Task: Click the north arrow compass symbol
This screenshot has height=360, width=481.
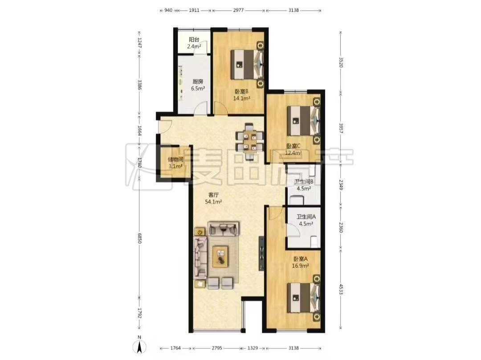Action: coord(139,346)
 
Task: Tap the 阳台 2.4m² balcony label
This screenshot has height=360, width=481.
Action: coord(194,43)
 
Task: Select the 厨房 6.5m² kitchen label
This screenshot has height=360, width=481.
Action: coord(198,85)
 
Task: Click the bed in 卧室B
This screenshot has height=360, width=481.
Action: coord(247,64)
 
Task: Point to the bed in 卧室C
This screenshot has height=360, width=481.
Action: coord(304,121)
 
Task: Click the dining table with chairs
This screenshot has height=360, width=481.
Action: coord(249,142)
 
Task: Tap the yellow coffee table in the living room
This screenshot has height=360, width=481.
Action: coord(220,256)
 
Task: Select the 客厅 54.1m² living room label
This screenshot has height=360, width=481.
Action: coord(213,198)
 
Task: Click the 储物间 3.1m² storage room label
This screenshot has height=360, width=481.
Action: coord(175,163)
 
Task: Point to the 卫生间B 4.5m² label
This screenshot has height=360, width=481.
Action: coord(304,185)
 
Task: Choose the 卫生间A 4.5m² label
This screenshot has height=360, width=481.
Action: coord(306,220)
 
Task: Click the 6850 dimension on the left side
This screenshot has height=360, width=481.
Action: coord(139,238)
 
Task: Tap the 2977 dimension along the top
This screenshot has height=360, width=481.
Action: coord(238,10)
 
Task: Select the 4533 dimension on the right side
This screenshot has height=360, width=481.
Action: coord(341,289)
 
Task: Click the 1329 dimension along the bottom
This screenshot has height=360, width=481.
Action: coord(253,348)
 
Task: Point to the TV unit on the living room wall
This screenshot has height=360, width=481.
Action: coord(261,254)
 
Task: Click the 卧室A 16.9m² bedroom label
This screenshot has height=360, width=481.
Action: coord(300,262)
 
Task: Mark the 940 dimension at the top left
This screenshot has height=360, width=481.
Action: coord(168,10)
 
